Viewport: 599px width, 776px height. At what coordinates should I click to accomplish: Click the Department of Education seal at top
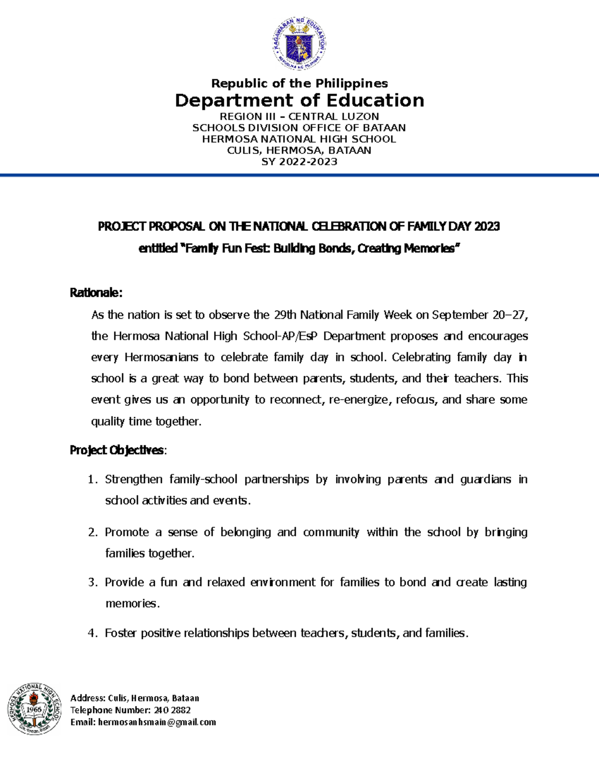click(299, 43)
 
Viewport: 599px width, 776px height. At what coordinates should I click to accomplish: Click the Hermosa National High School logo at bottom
click(34, 709)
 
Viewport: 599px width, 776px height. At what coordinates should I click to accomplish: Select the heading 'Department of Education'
click(299, 100)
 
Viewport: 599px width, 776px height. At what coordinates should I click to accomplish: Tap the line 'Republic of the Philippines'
click(299, 83)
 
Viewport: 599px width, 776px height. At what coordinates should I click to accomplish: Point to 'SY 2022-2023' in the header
click(299, 162)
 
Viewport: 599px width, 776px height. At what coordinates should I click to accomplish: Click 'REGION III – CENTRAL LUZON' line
click(299, 116)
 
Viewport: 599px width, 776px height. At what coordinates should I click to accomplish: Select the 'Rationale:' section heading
click(96, 293)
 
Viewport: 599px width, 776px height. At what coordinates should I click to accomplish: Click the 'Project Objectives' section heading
click(116, 450)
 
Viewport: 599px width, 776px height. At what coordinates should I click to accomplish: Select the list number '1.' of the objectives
click(92, 480)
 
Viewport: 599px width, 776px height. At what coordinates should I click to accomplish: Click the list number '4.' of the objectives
click(92, 634)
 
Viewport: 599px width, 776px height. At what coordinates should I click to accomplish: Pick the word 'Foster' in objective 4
click(120, 633)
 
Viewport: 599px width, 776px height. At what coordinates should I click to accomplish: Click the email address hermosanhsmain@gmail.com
click(157, 722)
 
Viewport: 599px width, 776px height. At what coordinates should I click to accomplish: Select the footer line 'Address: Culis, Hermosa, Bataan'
click(135, 698)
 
